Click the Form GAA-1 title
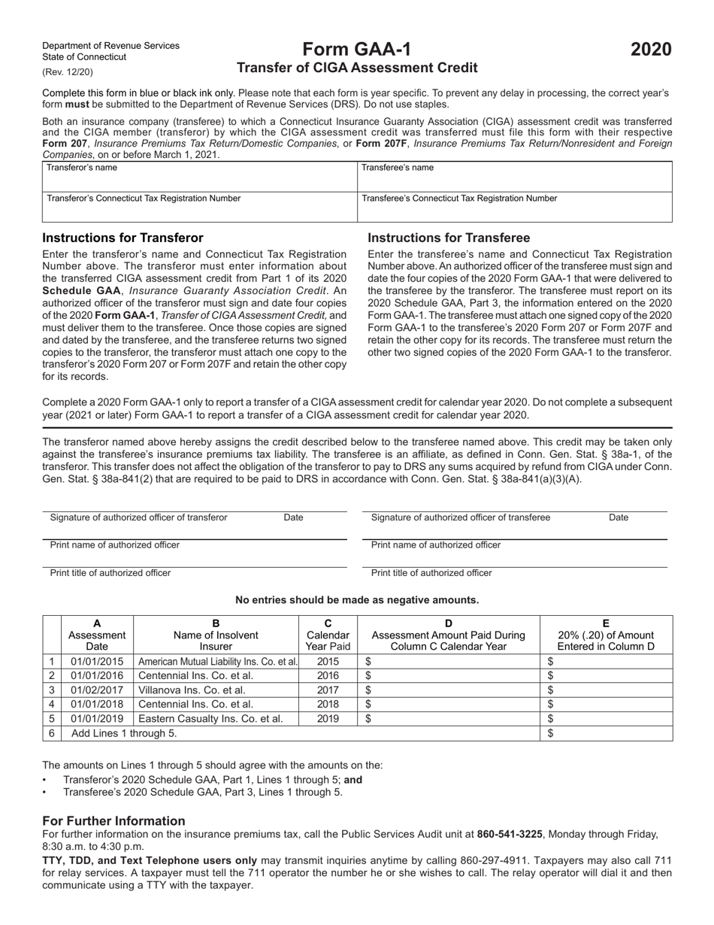(x=357, y=50)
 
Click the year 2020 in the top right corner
(x=651, y=50)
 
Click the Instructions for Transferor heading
(x=123, y=238)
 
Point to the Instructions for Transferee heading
(x=449, y=238)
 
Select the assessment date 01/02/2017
(x=96, y=690)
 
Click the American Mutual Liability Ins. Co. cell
(x=216, y=661)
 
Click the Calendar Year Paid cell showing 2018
(x=328, y=704)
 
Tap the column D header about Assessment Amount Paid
(x=449, y=634)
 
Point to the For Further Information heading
(x=113, y=820)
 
